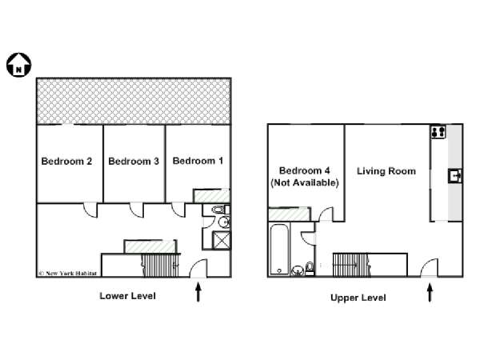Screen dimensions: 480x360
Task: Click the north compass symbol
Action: coord(18,65)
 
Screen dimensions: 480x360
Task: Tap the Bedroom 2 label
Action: coord(66,162)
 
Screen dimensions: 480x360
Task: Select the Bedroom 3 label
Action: coord(134,162)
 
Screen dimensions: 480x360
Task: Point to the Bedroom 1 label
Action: coord(198,161)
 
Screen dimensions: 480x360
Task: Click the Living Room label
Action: coord(386,171)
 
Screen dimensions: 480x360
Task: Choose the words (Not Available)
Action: coord(305,182)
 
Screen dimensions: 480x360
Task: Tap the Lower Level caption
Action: coord(128,296)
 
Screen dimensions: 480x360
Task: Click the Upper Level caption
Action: coord(358,298)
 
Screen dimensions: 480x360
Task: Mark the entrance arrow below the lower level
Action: coord(198,292)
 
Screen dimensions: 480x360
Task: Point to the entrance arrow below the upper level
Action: coord(430,293)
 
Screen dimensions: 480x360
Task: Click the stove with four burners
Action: coord(438,132)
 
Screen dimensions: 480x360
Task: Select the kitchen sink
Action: coord(455,176)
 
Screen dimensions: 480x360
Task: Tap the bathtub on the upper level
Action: coord(279,249)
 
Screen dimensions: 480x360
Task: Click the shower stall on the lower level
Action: coord(222,240)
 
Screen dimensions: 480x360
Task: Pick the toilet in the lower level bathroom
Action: coord(220,210)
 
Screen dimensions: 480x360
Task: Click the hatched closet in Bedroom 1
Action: coord(211,196)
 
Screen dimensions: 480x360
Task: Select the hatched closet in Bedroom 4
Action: coord(290,214)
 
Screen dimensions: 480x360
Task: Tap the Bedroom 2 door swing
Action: coord(90,210)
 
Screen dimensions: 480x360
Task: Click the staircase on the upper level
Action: coord(351,265)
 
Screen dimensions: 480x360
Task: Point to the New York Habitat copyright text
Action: coord(68,274)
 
